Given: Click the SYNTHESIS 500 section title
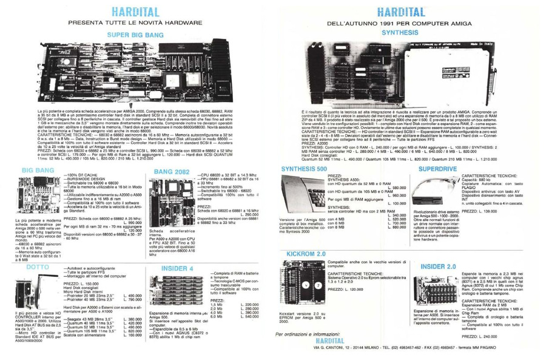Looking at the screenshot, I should pyautogui.click(x=309, y=166).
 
